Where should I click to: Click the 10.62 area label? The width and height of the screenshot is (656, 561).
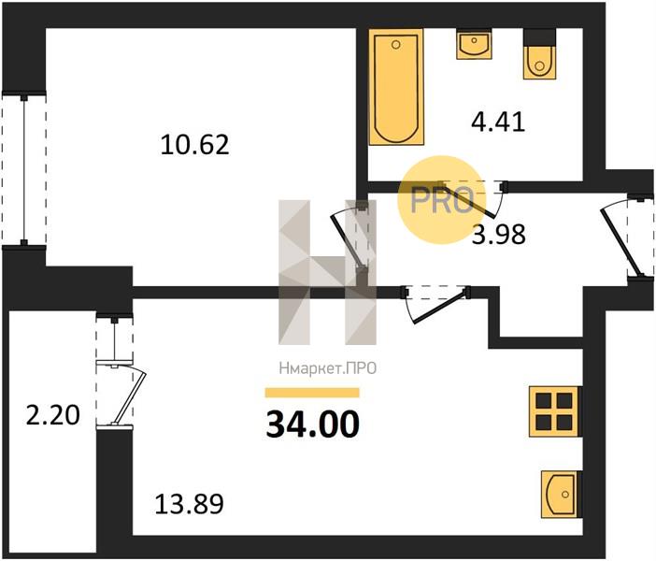[x=195, y=145]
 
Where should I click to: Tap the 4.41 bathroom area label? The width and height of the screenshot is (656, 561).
[x=498, y=122]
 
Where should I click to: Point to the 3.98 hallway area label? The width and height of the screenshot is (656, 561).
[x=499, y=235]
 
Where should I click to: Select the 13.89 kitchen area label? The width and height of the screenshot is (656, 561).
[x=189, y=504]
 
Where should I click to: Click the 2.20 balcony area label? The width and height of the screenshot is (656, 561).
[x=52, y=416]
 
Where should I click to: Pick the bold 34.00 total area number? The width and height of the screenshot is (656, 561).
[x=312, y=424]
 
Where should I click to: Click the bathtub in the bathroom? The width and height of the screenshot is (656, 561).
[x=396, y=87]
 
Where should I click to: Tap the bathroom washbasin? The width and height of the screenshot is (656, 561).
[x=474, y=44]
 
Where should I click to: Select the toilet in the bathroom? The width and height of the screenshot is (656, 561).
[x=540, y=54]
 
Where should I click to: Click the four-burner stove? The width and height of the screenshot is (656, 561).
[x=555, y=411]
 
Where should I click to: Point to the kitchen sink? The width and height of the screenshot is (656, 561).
[x=561, y=495]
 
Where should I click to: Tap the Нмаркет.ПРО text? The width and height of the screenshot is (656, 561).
[x=328, y=368]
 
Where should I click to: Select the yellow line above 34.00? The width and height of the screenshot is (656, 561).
[x=312, y=393]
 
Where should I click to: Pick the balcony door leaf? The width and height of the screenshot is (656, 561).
[x=129, y=397]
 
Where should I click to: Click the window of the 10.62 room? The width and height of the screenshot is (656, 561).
[x=24, y=169]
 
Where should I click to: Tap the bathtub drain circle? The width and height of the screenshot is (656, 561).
[x=396, y=44]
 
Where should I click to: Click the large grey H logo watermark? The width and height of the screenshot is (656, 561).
[x=328, y=272]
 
